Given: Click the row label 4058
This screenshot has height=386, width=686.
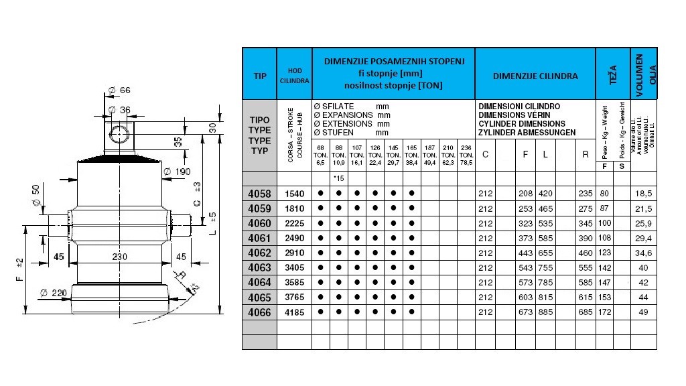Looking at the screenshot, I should [259, 194].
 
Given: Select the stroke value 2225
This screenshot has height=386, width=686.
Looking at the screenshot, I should [295, 223].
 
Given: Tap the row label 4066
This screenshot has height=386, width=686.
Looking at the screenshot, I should [259, 312].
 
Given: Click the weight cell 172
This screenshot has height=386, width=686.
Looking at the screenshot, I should [604, 312].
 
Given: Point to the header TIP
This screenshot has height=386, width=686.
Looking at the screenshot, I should [260, 76].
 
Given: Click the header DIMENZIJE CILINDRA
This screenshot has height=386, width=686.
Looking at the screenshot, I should [535, 76].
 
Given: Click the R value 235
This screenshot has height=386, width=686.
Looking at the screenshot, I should [586, 194].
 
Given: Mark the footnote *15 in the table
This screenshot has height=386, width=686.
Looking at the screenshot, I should [338, 179].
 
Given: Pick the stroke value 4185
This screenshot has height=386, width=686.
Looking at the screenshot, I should [295, 312].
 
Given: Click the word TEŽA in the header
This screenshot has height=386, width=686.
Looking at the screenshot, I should [612, 74].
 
